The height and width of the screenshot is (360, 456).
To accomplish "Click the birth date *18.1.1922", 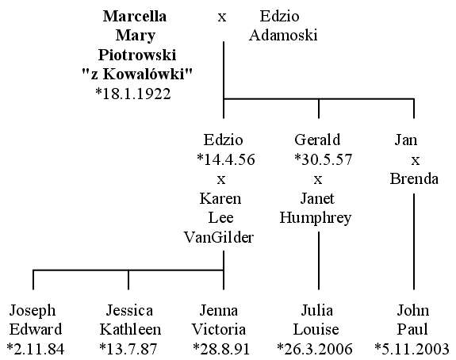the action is [133, 94].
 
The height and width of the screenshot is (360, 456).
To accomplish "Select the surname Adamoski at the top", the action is [282, 35].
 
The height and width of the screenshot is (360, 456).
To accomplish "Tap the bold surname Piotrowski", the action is [137, 55].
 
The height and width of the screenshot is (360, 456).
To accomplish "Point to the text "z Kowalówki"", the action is [137, 74].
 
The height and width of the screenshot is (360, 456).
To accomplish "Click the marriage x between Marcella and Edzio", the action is [222, 17].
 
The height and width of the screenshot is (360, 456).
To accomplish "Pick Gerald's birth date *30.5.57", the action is [323, 159].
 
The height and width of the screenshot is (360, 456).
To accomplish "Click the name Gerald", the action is [317, 140].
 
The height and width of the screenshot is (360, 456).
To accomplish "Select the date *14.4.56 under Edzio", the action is [226, 159].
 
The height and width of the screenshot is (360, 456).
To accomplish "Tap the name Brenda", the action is [414, 178].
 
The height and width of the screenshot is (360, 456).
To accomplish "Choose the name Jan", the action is [406, 140].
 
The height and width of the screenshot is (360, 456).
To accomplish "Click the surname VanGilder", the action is [219, 237].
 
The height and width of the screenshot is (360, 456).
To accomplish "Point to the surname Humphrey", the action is [316, 218].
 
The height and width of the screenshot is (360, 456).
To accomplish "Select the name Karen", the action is [220, 198].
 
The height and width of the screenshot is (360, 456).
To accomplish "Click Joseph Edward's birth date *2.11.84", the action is [35, 349].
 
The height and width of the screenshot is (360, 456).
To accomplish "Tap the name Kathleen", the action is [130, 329].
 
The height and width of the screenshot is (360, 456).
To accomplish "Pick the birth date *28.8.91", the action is [221, 349].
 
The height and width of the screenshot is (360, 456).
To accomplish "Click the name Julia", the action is [317, 310].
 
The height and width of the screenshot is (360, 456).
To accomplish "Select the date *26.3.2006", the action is [315, 349].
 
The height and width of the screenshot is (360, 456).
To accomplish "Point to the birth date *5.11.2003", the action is [412, 349].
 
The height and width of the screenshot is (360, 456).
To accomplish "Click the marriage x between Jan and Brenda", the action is [416, 160].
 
